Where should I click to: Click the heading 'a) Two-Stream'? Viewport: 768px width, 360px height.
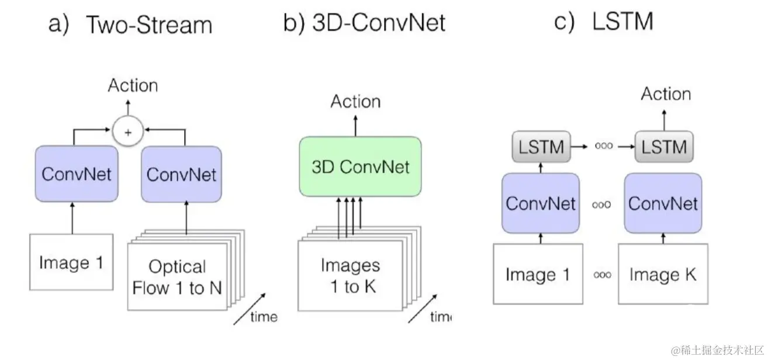[130, 25]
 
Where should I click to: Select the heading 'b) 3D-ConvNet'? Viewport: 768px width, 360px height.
[364, 23]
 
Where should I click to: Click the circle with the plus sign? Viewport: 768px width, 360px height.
[129, 131]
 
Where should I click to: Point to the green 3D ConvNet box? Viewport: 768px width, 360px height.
[359, 167]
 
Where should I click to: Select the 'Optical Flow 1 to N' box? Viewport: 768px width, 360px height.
[177, 277]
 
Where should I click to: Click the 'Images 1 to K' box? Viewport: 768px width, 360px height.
[350, 275]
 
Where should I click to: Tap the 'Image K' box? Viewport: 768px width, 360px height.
[663, 274]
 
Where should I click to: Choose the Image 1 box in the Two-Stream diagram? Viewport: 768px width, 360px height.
[71, 262]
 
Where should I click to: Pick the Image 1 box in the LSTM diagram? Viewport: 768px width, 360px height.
[538, 274]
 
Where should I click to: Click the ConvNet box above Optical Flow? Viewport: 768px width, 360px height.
[181, 174]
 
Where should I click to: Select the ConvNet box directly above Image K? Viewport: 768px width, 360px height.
[663, 203]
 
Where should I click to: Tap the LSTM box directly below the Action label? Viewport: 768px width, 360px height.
[664, 147]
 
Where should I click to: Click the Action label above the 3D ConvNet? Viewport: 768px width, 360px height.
[355, 102]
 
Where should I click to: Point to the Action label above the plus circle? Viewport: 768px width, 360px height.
[133, 85]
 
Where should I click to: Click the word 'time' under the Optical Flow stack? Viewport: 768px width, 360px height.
[264, 317]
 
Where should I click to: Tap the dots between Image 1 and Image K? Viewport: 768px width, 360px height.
[601, 275]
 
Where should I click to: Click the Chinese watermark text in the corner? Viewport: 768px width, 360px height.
[716, 349]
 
